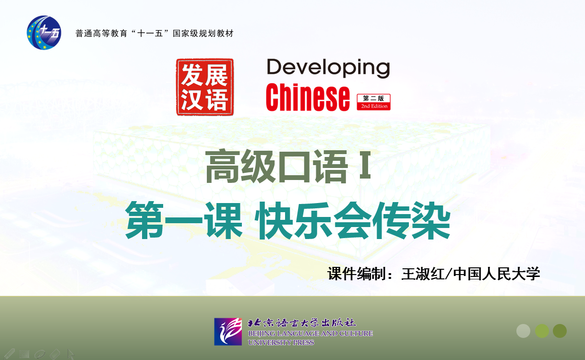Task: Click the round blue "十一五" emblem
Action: click(x=44, y=32)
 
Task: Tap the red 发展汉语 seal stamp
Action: click(x=205, y=87)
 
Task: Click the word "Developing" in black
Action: click(x=328, y=68)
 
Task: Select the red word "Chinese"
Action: click(x=308, y=97)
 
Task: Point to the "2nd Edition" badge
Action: click(x=374, y=102)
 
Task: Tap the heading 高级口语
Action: click(x=276, y=166)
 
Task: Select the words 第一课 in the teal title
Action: click(x=184, y=220)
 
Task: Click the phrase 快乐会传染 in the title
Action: click(x=354, y=220)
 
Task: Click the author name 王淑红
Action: click(x=423, y=274)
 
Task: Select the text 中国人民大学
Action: click(x=496, y=274)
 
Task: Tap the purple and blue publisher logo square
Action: click(x=228, y=332)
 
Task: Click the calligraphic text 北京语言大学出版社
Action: click(x=302, y=323)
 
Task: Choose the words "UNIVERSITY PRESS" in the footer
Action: click(x=281, y=342)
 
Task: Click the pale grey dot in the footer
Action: click(x=523, y=331)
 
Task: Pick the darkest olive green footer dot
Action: click(x=560, y=331)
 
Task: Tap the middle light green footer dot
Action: click(x=542, y=331)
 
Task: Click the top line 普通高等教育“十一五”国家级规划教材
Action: click(x=155, y=34)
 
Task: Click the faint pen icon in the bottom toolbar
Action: click(x=9, y=354)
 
